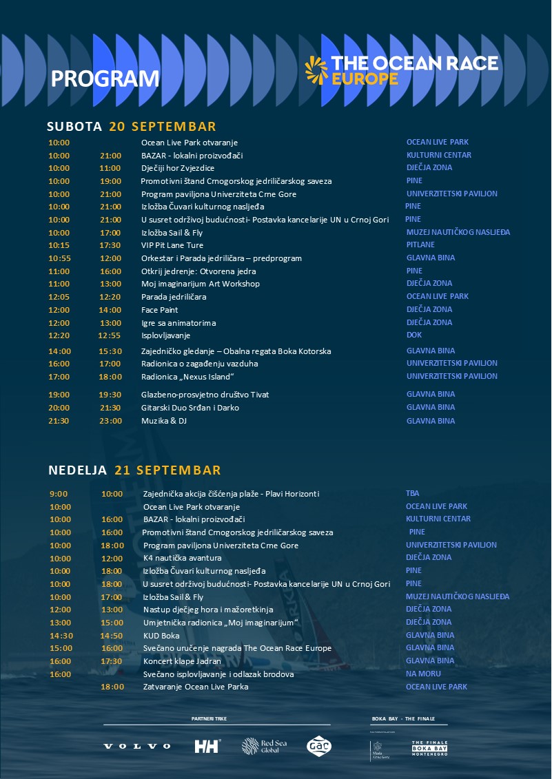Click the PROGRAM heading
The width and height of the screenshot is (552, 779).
[105, 79]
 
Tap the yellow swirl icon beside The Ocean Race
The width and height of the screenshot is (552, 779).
[317, 70]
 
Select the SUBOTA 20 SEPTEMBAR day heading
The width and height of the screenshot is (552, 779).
[132, 126]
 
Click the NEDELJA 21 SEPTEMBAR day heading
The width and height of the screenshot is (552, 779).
[134, 470]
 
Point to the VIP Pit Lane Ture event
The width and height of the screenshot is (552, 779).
[172, 245]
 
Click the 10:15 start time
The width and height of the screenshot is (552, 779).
[59, 245]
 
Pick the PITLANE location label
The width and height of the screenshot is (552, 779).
[420, 245]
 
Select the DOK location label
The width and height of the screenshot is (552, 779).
[414, 335]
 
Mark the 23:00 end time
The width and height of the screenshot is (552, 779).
[110, 421]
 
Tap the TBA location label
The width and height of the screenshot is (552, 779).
[413, 493]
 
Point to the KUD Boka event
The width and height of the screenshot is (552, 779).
[161, 635]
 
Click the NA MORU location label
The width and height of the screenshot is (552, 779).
[424, 674]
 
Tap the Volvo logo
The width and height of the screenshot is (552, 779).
[137, 746]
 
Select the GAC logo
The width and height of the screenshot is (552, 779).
[319, 746]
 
